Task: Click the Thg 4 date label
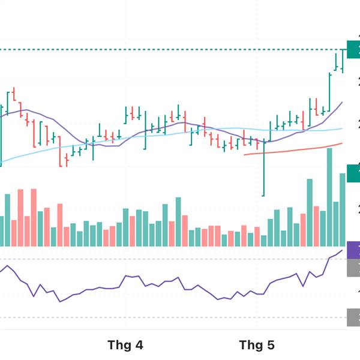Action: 125,345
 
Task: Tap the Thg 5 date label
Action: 257,345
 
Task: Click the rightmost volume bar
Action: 343,209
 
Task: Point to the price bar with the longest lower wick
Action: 263,168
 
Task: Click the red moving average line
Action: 294,149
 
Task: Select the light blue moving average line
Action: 180,133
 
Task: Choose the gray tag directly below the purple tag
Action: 353,268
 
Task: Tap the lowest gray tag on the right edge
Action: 353,317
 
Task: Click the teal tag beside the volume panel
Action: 353,169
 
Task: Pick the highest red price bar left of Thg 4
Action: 14,95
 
